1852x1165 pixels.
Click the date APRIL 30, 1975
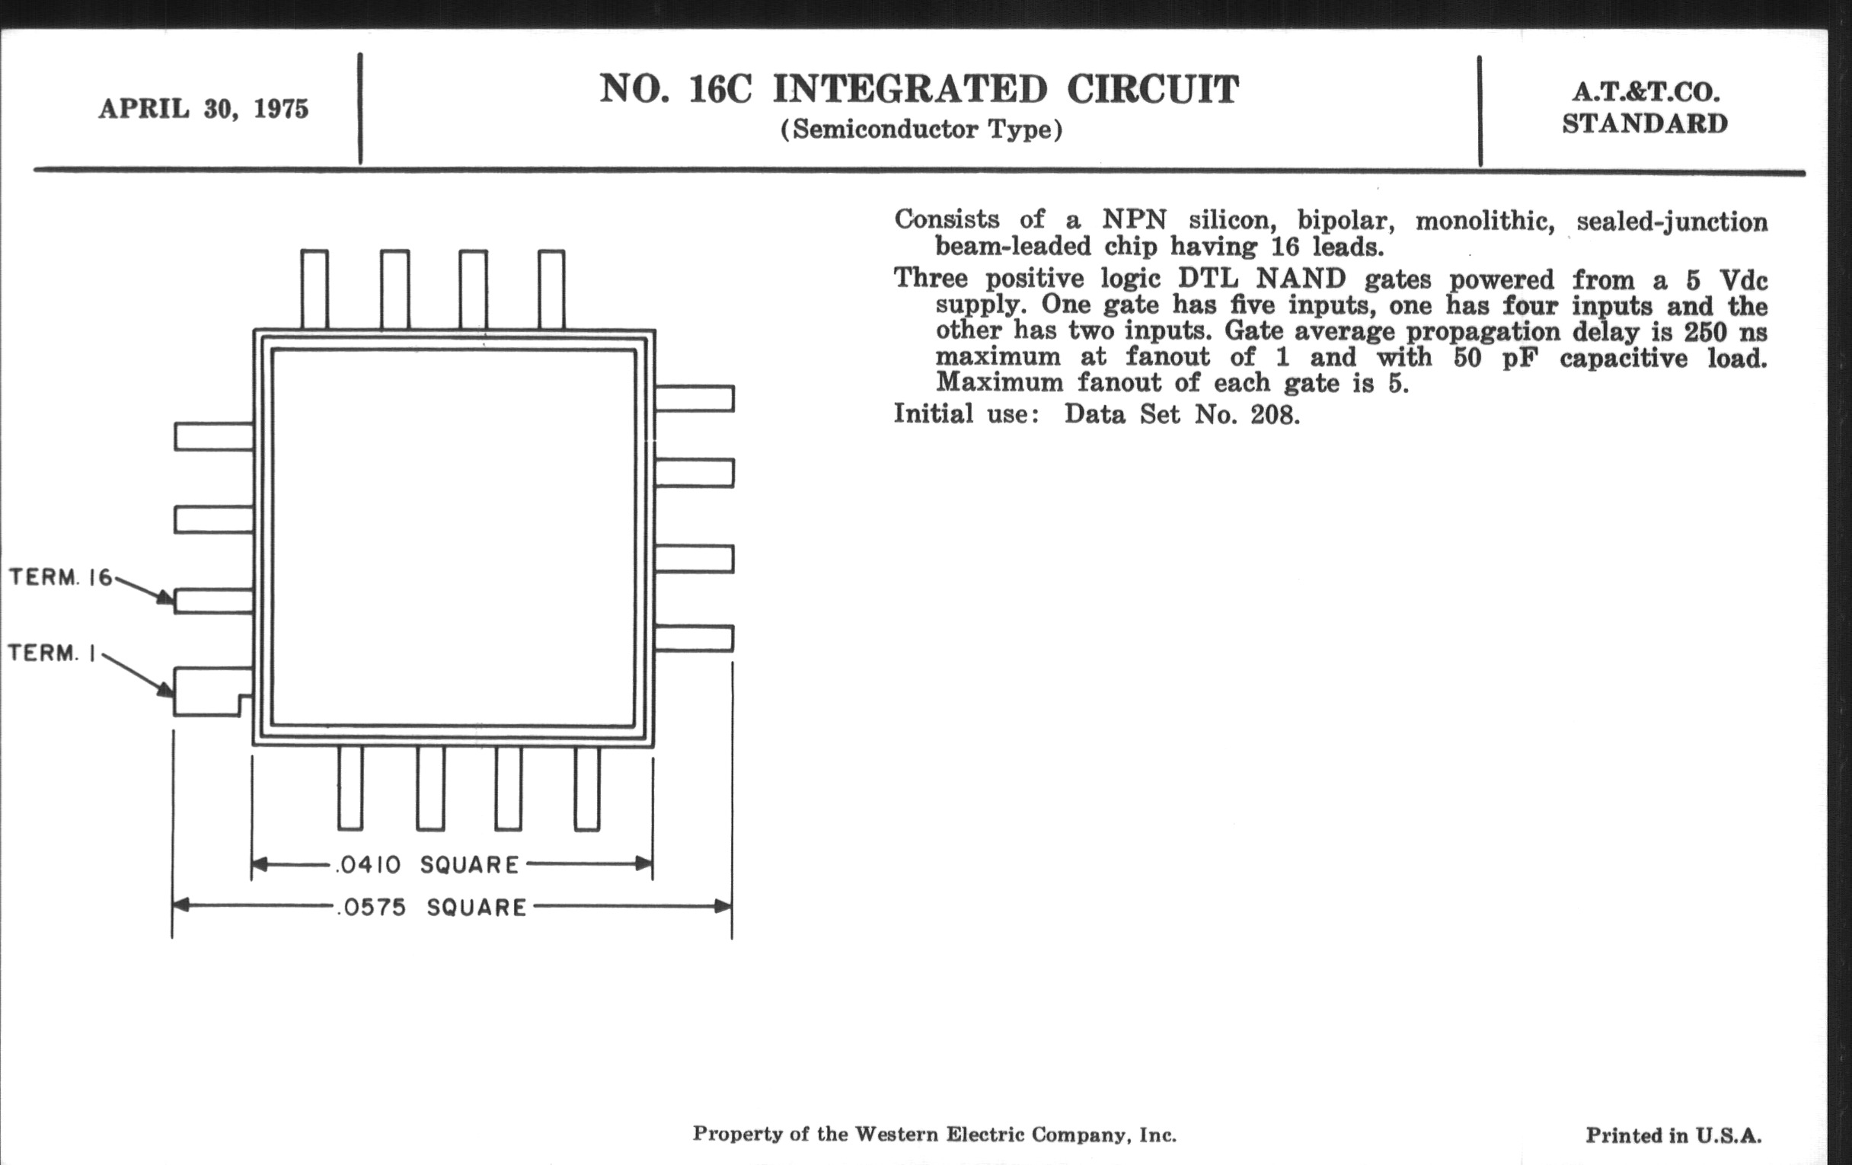(x=203, y=108)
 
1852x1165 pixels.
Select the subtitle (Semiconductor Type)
(x=921, y=129)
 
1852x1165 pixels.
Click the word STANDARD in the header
(x=1645, y=123)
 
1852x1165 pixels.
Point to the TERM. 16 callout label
(x=61, y=576)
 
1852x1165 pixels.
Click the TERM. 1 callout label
(x=53, y=653)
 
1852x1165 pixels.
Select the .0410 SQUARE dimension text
(x=428, y=865)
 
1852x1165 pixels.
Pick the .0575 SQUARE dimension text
(x=432, y=908)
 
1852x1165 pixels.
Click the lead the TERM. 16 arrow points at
(x=214, y=601)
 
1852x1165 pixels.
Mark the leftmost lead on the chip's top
(x=315, y=289)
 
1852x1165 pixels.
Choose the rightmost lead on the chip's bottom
(x=587, y=788)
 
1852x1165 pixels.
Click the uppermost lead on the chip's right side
(x=694, y=398)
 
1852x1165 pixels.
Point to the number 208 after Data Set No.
(x=1270, y=414)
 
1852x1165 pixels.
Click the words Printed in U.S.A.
(x=1674, y=1135)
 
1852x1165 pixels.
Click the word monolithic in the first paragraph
(x=1485, y=222)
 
